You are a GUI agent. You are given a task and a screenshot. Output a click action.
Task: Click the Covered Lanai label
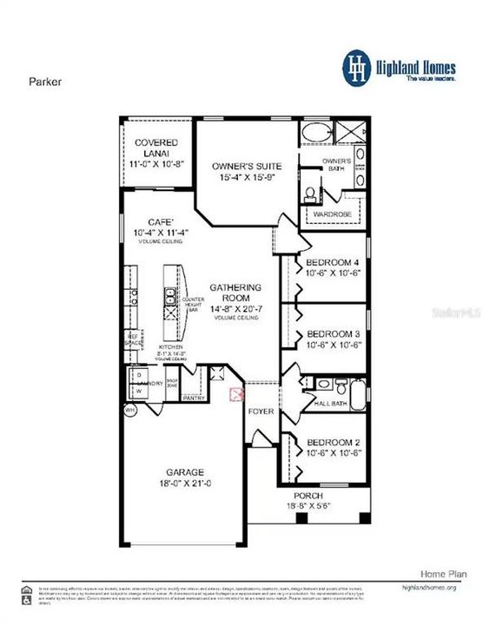pos(156,148)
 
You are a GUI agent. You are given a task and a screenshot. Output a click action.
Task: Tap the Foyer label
pos(261,410)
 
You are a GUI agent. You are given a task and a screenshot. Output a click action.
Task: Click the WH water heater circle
pos(130,410)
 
